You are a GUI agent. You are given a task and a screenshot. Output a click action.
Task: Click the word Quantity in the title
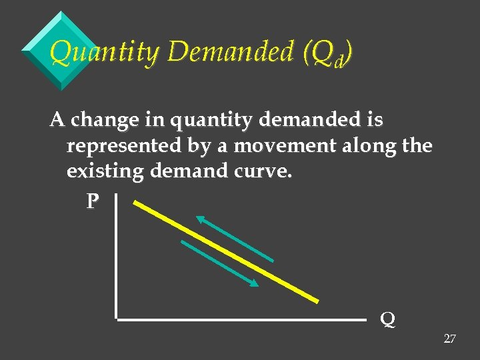pos(105,51)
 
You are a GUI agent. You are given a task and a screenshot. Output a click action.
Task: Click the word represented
pos(124,146)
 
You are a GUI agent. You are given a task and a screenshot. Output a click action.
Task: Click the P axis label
pos(93,201)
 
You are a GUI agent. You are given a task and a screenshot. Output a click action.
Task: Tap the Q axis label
pos(387,319)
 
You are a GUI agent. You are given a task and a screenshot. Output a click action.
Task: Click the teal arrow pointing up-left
pos(234,238)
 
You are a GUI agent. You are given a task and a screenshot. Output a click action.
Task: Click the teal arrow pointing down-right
pos(219,263)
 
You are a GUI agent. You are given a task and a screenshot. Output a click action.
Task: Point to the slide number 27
pos(449,339)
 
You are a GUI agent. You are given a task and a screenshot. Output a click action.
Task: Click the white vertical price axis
pos(116,257)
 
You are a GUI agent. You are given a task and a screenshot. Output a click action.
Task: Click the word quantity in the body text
pos(209,121)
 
